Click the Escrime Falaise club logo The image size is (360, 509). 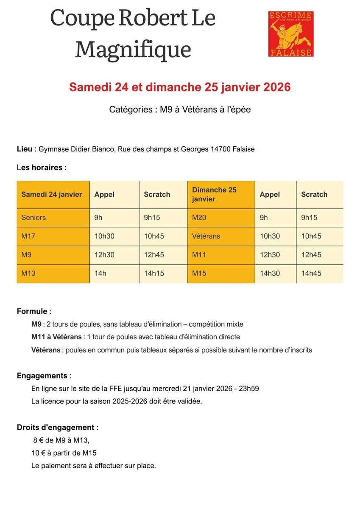click(291, 34)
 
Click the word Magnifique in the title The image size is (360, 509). click(133, 49)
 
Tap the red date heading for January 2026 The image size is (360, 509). click(180, 87)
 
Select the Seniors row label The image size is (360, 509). click(33, 218)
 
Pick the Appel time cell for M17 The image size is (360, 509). click(104, 236)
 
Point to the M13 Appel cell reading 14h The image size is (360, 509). click(100, 274)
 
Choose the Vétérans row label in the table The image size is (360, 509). click(206, 236)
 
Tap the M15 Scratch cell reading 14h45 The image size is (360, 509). click(311, 274)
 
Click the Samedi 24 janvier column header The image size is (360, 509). click(52, 194)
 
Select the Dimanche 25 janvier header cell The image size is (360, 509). click(214, 194)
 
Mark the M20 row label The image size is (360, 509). click(199, 218)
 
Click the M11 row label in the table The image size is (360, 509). click(198, 255)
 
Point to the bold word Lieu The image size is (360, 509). click(24, 149)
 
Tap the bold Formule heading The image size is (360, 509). click(32, 311)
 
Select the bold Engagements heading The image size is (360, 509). click(42, 376)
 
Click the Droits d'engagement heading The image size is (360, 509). click(58, 428)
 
